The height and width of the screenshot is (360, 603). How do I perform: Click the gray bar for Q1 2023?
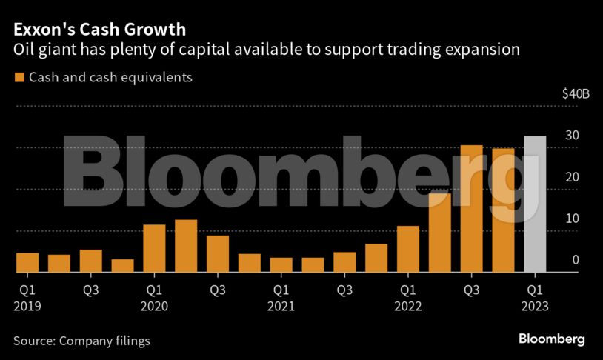click(x=535, y=204)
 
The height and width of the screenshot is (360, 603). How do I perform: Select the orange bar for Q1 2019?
click(x=27, y=263)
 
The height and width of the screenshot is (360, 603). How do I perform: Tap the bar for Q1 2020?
click(x=154, y=249)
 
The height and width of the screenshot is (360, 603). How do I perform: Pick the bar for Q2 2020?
click(x=186, y=247)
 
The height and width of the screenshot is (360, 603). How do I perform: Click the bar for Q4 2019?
click(x=123, y=266)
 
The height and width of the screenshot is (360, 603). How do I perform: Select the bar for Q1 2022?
click(x=408, y=250)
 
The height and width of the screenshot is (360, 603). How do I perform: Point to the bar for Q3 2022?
click(x=471, y=209)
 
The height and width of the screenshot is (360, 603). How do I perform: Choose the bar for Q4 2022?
click(x=503, y=211)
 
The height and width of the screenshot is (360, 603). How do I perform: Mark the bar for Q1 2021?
click(x=281, y=265)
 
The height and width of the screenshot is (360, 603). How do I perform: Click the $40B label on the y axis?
click(x=576, y=94)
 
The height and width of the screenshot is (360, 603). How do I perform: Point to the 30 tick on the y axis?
click(x=573, y=136)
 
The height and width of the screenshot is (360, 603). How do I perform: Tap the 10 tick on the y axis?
click(x=573, y=219)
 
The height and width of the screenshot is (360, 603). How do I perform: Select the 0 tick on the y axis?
click(x=576, y=260)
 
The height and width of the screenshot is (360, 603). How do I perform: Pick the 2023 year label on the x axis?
click(x=536, y=306)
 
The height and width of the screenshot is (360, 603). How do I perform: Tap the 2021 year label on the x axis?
click(x=282, y=306)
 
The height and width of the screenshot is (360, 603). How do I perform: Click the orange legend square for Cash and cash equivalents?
click(x=19, y=78)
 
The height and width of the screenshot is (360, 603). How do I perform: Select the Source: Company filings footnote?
click(x=81, y=341)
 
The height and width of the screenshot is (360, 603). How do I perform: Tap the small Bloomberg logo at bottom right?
click(x=551, y=339)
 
